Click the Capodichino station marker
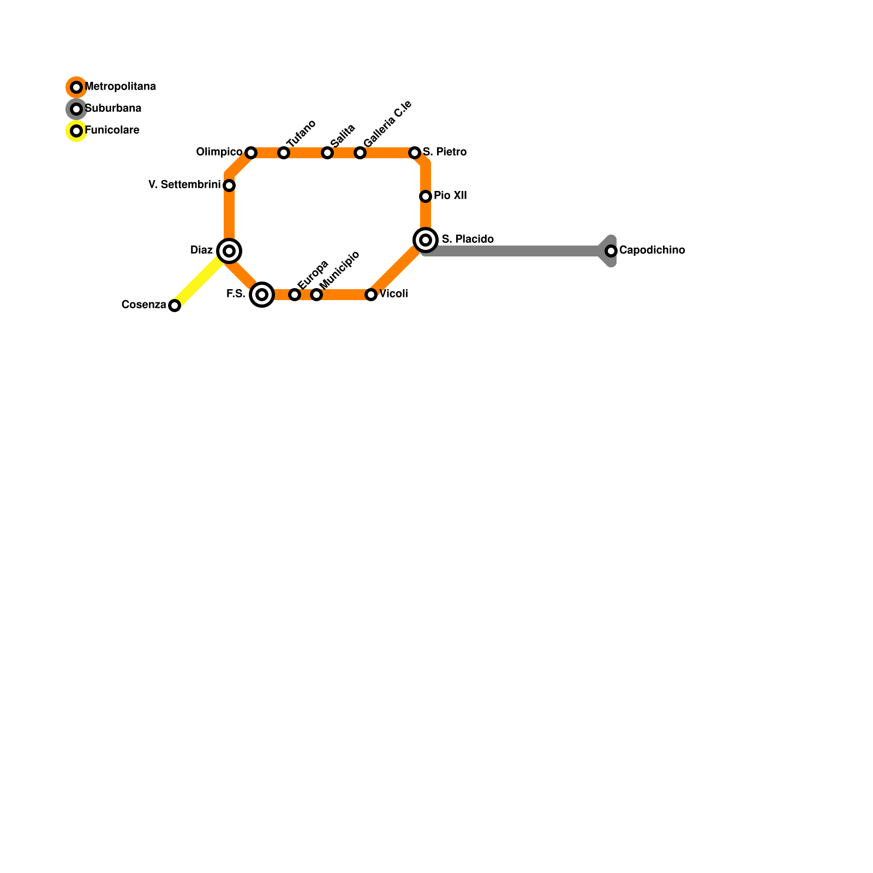click(x=611, y=251)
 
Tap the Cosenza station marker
click(x=175, y=306)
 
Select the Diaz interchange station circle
click(x=229, y=251)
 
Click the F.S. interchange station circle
click(x=262, y=295)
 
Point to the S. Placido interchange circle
click(x=426, y=240)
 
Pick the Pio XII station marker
click(x=426, y=196)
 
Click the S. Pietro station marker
click(x=415, y=153)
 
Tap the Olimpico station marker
click(x=251, y=153)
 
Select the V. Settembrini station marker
click(x=229, y=186)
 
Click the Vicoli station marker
click(x=371, y=295)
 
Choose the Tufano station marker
click(x=284, y=153)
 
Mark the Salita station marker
click(x=327, y=153)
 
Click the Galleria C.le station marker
click(x=360, y=153)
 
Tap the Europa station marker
click(x=295, y=295)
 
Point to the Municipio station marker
click(x=316, y=295)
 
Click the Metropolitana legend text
click(x=121, y=87)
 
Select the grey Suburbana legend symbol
click(x=76, y=109)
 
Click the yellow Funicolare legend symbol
click(x=76, y=131)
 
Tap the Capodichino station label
click(x=652, y=250)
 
